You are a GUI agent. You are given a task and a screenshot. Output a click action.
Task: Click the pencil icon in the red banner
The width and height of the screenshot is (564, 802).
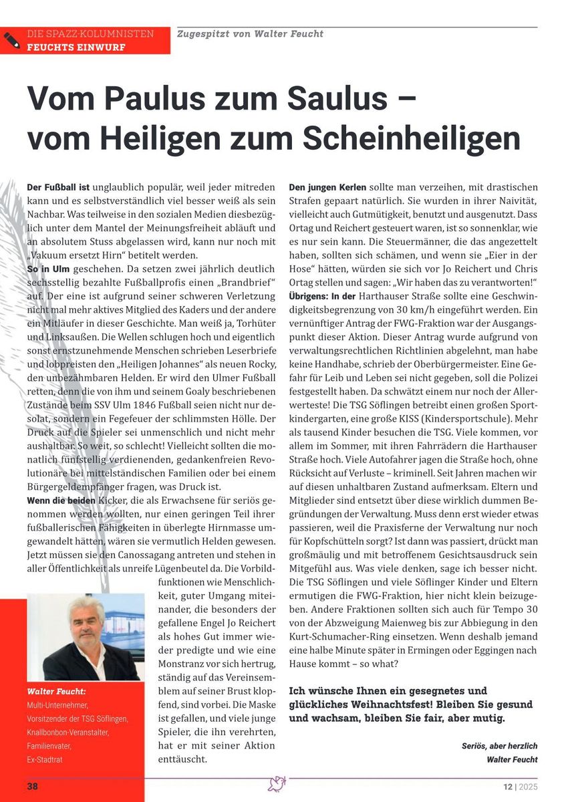[x=11, y=40]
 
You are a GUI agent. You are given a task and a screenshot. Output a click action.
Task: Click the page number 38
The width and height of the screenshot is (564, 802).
[x=32, y=786]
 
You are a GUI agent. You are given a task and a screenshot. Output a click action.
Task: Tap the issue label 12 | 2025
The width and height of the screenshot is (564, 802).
[x=520, y=786]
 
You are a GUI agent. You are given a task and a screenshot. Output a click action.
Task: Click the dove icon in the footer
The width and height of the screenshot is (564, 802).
[x=277, y=785]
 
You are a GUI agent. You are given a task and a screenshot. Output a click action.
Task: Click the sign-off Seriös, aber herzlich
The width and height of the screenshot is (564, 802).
[x=499, y=746]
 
